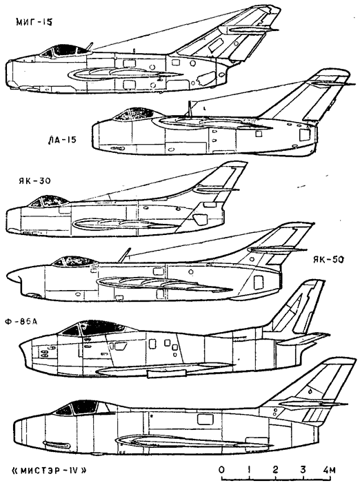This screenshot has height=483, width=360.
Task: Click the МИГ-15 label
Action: point(34,23)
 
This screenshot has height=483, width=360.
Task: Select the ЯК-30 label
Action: point(34,181)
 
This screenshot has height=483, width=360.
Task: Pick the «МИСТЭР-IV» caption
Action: point(48,471)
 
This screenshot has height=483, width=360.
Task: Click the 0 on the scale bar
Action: point(221,470)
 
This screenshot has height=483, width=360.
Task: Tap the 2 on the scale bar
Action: point(275,470)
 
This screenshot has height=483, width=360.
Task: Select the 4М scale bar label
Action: point(329,470)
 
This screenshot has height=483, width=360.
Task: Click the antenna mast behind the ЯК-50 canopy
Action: point(123,255)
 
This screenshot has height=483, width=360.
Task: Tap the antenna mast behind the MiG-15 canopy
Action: point(90,46)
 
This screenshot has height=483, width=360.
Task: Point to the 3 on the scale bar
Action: point(303,470)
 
